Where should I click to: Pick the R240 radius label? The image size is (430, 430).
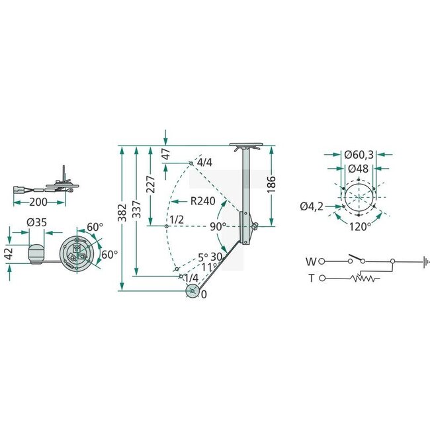pyautogui.click(x=202, y=200)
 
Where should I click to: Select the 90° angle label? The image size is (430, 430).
pyautogui.click(x=219, y=226)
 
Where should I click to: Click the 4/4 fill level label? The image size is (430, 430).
pyautogui.click(x=204, y=163)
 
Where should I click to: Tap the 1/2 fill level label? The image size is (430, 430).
pyautogui.click(x=177, y=219)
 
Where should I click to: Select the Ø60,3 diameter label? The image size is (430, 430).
pyautogui.click(x=359, y=155)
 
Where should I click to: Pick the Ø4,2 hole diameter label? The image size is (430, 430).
pyautogui.click(x=311, y=207)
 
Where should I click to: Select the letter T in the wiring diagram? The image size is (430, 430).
pyautogui.click(x=310, y=279)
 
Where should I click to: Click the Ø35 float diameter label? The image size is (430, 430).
pyautogui.click(x=37, y=222)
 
